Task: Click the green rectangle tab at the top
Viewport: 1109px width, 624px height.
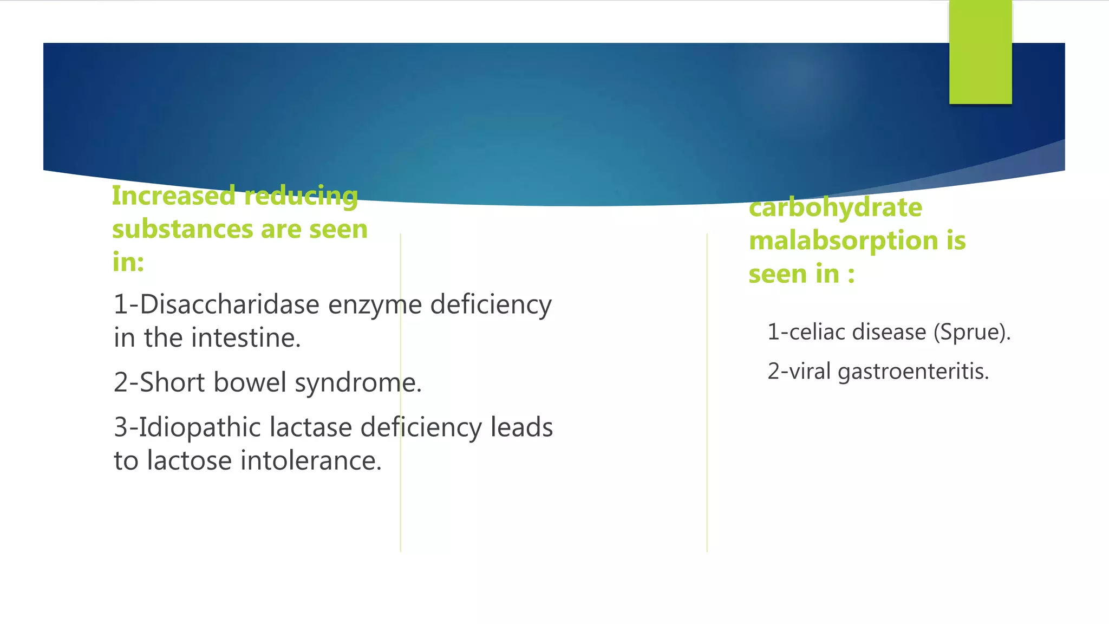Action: pos(980,53)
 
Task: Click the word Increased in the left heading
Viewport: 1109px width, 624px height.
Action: pos(174,196)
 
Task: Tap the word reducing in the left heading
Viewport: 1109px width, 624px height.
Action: pos(301,196)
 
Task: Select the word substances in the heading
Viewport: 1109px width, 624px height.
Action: pos(182,229)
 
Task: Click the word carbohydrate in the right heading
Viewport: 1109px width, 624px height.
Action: pos(835,207)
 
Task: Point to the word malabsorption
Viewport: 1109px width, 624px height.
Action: pos(843,240)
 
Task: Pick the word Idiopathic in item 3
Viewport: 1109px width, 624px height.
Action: pos(200,427)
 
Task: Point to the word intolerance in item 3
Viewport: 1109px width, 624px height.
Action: pos(311,461)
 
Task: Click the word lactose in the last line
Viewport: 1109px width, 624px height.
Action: pos(190,461)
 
